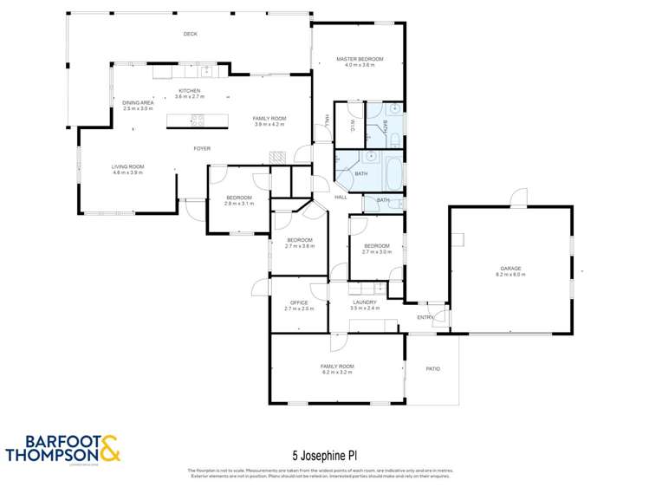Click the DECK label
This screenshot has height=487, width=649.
(190, 34)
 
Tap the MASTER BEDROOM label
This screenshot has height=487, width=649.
(360, 59)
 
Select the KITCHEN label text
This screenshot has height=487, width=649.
(189, 91)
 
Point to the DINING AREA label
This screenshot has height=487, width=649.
(138, 103)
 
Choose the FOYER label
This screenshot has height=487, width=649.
(201, 148)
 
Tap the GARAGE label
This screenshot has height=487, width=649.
(510, 269)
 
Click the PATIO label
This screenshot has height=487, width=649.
(432, 369)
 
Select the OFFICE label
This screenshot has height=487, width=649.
(298, 302)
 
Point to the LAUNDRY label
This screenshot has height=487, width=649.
(364, 302)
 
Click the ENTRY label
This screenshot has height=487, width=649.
(425, 317)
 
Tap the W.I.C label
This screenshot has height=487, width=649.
(353, 125)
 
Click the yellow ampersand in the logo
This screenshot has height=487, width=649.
(111, 449)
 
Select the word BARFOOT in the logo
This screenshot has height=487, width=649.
(51, 440)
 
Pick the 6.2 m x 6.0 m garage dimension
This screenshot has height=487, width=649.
(510, 275)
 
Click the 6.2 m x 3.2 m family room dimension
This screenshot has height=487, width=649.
(337, 373)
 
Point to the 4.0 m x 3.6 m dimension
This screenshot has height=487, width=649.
(360, 65)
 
